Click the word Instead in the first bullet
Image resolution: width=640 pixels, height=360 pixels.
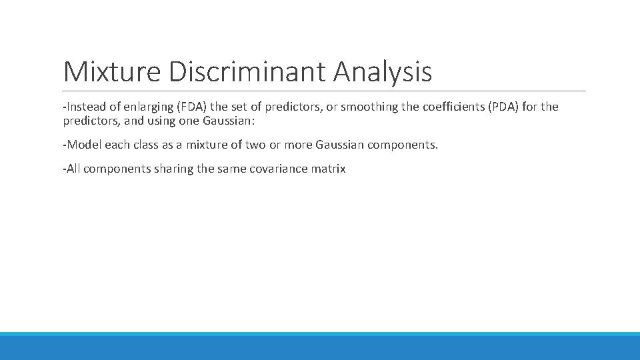pyautogui.click(x=85, y=107)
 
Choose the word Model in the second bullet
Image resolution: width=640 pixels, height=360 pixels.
pyautogui.click(x=82, y=145)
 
